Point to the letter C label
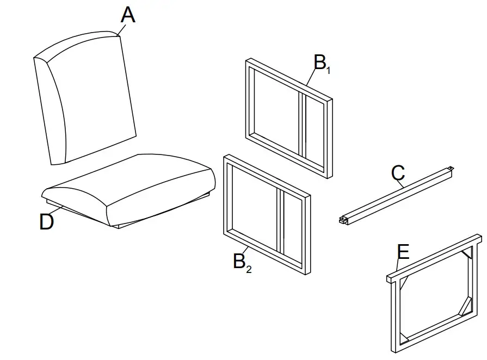pyautogui.click(x=398, y=173)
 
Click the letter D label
pyautogui.click(x=47, y=222)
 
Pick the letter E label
pyautogui.click(x=403, y=252)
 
